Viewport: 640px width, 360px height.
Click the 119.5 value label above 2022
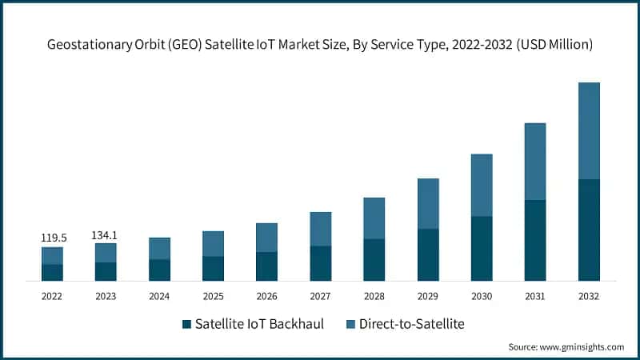(53, 238)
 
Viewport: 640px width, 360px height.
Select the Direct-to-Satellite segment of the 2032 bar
(589, 130)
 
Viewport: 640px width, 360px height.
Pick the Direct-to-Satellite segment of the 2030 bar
(482, 185)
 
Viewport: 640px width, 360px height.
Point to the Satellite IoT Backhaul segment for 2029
(428, 254)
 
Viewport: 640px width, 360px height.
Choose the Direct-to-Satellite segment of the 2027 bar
(321, 229)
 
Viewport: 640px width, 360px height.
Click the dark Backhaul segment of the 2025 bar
(213, 268)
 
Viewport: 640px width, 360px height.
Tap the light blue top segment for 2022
(53, 255)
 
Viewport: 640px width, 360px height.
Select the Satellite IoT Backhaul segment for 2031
(535, 240)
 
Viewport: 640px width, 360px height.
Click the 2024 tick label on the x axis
(159, 296)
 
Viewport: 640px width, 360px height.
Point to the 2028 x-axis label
(374, 296)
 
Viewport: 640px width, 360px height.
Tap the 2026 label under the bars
(266, 296)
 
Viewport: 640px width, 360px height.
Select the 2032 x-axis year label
(589, 296)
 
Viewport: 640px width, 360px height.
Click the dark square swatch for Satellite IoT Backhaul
(187, 324)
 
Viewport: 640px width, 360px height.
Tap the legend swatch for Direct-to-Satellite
(350, 324)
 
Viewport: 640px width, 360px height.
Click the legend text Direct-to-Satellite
(411, 324)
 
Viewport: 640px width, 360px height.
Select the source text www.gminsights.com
(583, 347)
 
